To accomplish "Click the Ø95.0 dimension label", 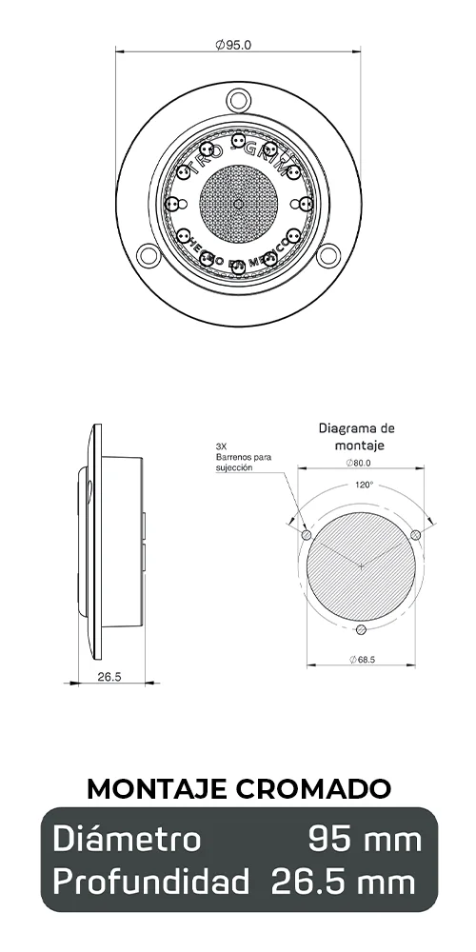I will click(x=233, y=44).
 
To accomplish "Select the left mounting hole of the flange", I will click(x=148, y=254).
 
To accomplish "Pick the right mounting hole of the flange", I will click(x=328, y=254).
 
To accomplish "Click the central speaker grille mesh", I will click(x=238, y=202).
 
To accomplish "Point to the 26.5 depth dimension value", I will click(x=109, y=677).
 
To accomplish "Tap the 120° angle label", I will click(x=363, y=485).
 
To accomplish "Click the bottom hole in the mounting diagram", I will click(x=360, y=628).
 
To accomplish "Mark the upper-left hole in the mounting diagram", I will click(x=306, y=535).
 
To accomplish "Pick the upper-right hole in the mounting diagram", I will click(x=416, y=535).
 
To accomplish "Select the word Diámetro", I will click(x=127, y=840).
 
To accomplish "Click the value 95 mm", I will click(x=365, y=840).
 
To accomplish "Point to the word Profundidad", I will click(x=151, y=882).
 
